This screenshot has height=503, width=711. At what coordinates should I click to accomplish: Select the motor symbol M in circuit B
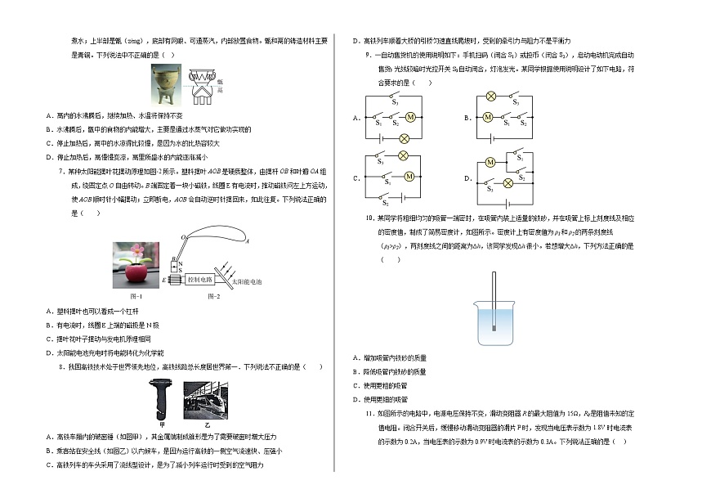tap(488, 117)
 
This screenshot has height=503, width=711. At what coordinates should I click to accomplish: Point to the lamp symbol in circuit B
tap(491, 97)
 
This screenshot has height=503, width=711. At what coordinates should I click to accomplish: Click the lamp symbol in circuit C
tap(403, 155)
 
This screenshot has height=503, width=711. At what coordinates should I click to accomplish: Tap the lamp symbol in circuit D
tap(508, 182)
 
